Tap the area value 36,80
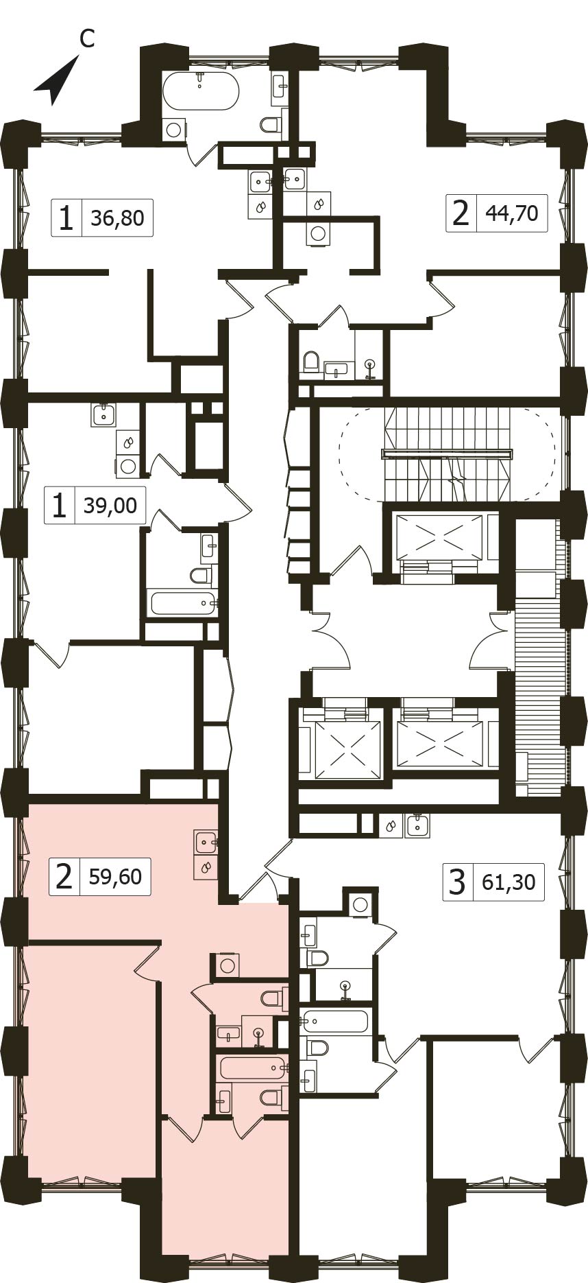[x=117, y=218]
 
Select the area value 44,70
[x=511, y=213]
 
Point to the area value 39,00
[x=110, y=506]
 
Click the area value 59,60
[x=115, y=876]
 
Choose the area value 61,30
[x=509, y=881]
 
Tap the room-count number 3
[x=457, y=882]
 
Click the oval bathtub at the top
[x=201, y=90]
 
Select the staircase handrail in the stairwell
[x=447, y=454]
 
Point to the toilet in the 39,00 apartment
[x=201, y=574]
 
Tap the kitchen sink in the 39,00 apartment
[x=104, y=414]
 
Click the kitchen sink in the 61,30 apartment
[x=417, y=825]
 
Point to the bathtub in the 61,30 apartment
[x=335, y=1022]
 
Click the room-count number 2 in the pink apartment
[x=64, y=877]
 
